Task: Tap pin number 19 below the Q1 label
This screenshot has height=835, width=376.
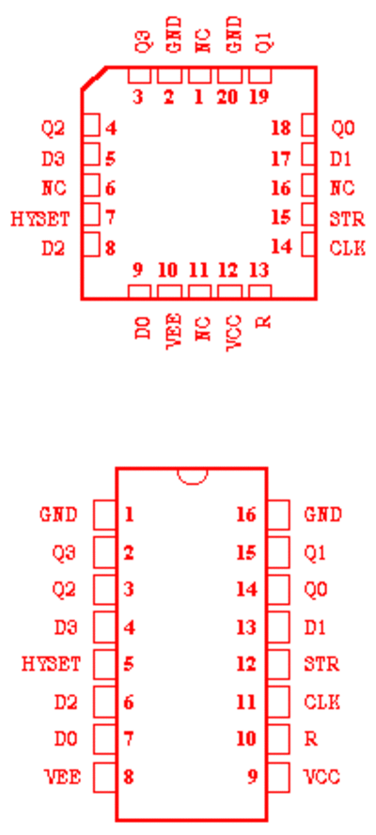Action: tap(259, 97)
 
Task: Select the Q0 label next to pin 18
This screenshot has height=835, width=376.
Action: tap(343, 129)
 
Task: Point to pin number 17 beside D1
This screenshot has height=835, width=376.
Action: tap(281, 158)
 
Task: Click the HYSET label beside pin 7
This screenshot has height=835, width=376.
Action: tap(40, 218)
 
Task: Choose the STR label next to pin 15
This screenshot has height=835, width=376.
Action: tap(347, 218)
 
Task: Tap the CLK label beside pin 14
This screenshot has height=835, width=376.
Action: tap(348, 248)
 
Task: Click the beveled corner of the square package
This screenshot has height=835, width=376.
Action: tap(94, 78)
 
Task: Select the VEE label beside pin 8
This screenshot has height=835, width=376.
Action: tap(62, 777)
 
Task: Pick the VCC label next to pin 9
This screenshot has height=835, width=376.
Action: tap(321, 777)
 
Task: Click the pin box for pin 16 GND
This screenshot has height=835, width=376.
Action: tap(278, 515)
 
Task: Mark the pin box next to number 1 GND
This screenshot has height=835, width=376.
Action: tap(105, 515)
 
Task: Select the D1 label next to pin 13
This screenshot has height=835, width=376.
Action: tap(315, 627)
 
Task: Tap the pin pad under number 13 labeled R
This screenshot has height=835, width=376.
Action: tap(259, 292)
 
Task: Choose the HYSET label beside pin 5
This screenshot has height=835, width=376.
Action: tap(51, 664)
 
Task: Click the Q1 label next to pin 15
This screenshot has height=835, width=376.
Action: tap(315, 553)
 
